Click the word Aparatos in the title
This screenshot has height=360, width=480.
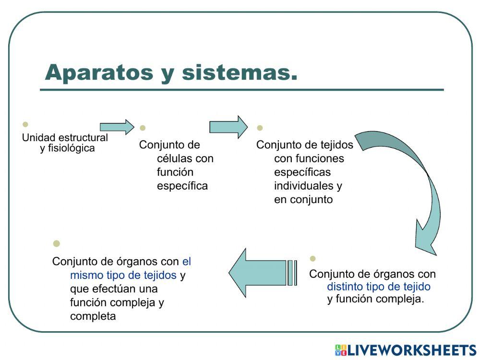pyautogui.click(x=99, y=73)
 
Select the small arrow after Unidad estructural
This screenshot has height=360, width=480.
pyautogui.click(x=117, y=127)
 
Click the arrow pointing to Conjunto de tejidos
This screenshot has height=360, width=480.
pyautogui.click(x=228, y=127)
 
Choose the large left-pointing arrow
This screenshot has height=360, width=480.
pyautogui.click(x=263, y=273)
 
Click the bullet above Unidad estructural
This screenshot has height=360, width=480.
pyautogui.click(x=25, y=124)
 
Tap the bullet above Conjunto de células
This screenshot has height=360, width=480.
pyautogui.click(x=143, y=128)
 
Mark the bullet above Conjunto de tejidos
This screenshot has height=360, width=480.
pyautogui.click(x=260, y=128)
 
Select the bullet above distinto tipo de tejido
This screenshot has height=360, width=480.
pyautogui.click(x=312, y=258)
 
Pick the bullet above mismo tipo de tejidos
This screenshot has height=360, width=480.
pyautogui.click(x=56, y=243)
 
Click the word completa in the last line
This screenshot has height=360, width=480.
pyautogui.click(x=93, y=316)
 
